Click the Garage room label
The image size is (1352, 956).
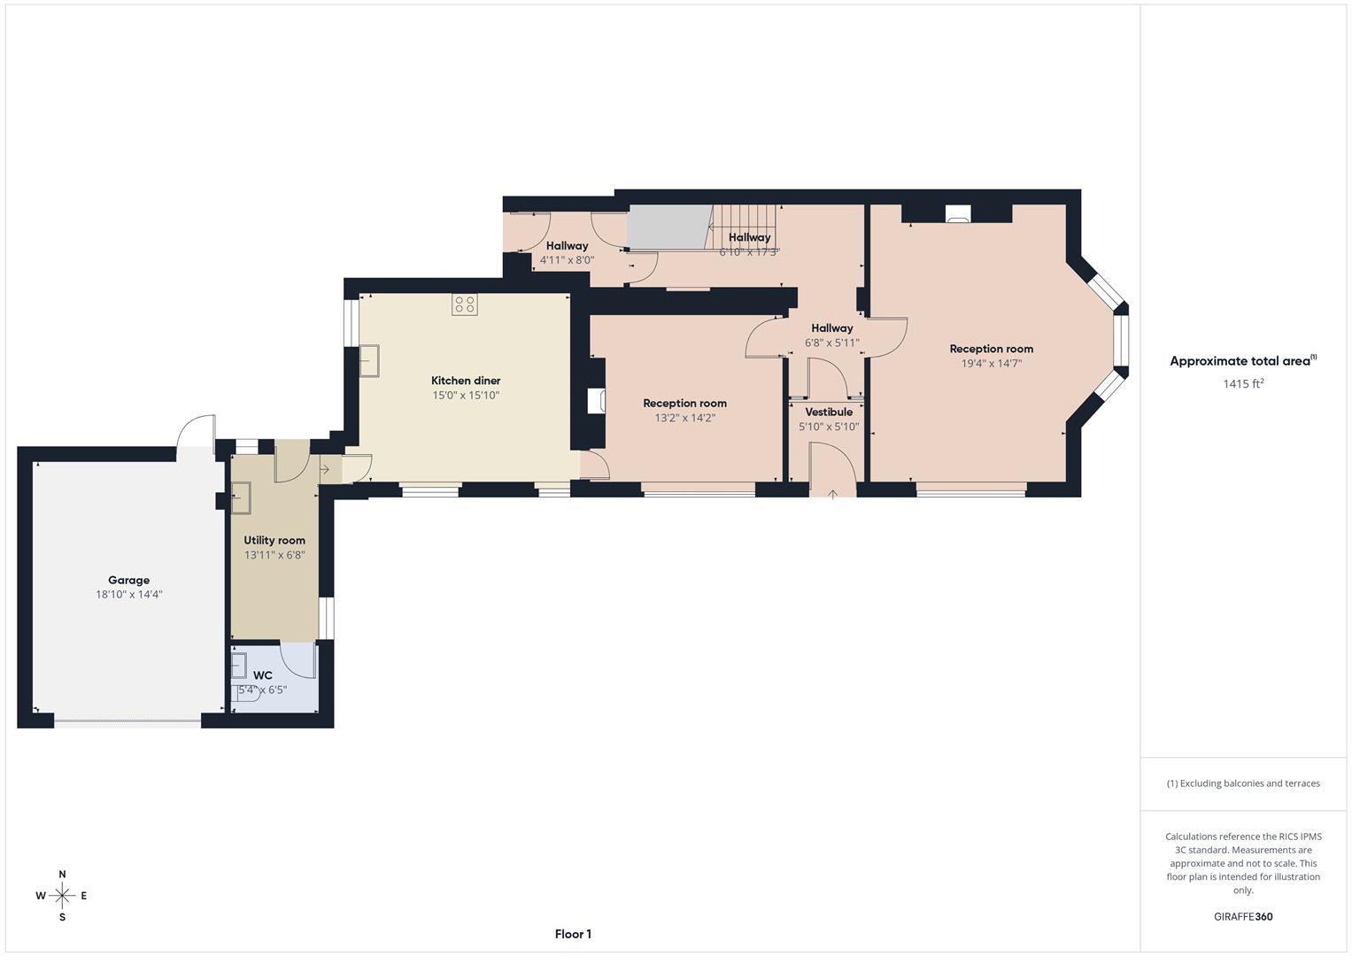[129, 581]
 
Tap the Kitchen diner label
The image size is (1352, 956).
[466, 381]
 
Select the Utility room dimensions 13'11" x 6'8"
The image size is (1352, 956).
[274, 555]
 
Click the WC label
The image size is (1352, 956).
[263, 675]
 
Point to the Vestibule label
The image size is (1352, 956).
[829, 412]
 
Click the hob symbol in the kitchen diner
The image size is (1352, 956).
[465, 305]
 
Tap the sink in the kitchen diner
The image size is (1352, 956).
[369, 361]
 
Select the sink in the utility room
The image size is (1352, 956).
[241, 497]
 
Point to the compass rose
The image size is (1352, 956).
[62, 896]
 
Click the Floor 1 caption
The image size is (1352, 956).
[573, 934]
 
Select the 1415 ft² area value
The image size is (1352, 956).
[1243, 383]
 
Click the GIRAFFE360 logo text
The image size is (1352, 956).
[1243, 917]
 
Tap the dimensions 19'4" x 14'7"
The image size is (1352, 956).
[992, 363]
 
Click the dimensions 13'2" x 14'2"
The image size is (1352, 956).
[684, 418]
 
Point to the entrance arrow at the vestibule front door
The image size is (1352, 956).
[832, 493]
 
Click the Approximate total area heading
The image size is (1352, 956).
[1242, 361]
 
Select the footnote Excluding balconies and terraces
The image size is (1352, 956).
[1243, 783]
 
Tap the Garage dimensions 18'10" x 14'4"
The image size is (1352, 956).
[129, 595]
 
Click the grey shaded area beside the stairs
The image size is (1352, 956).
[668, 227]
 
